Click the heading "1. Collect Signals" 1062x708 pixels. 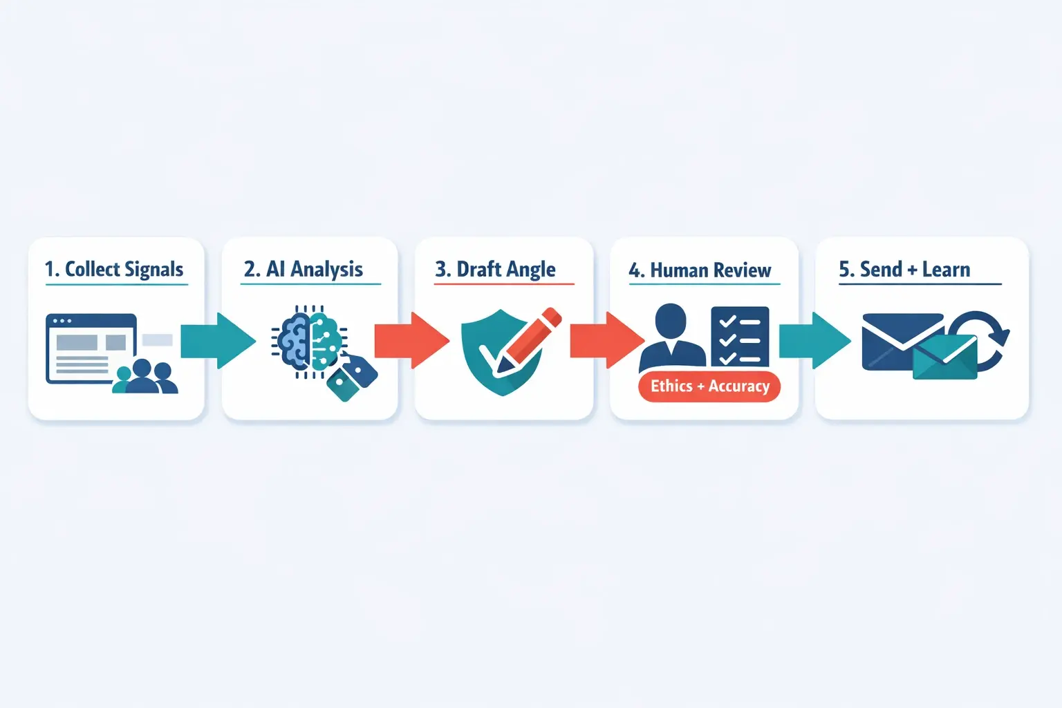click(114, 269)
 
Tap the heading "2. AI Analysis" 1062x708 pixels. click(304, 269)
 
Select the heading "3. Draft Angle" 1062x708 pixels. click(495, 269)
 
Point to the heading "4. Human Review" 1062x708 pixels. click(700, 270)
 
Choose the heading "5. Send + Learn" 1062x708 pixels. click(904, 269)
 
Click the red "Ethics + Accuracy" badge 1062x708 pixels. click(709, 386)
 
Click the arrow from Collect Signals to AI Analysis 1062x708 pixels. click(217, 340)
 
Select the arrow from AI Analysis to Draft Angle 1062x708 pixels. click(411, 340)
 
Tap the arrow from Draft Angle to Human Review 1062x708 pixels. click(606, 340)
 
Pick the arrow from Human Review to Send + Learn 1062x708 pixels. click(814, 340)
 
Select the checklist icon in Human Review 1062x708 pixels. click(740, 337)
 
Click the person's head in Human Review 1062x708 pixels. click(670, 320)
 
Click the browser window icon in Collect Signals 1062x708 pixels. click(90, 348)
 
